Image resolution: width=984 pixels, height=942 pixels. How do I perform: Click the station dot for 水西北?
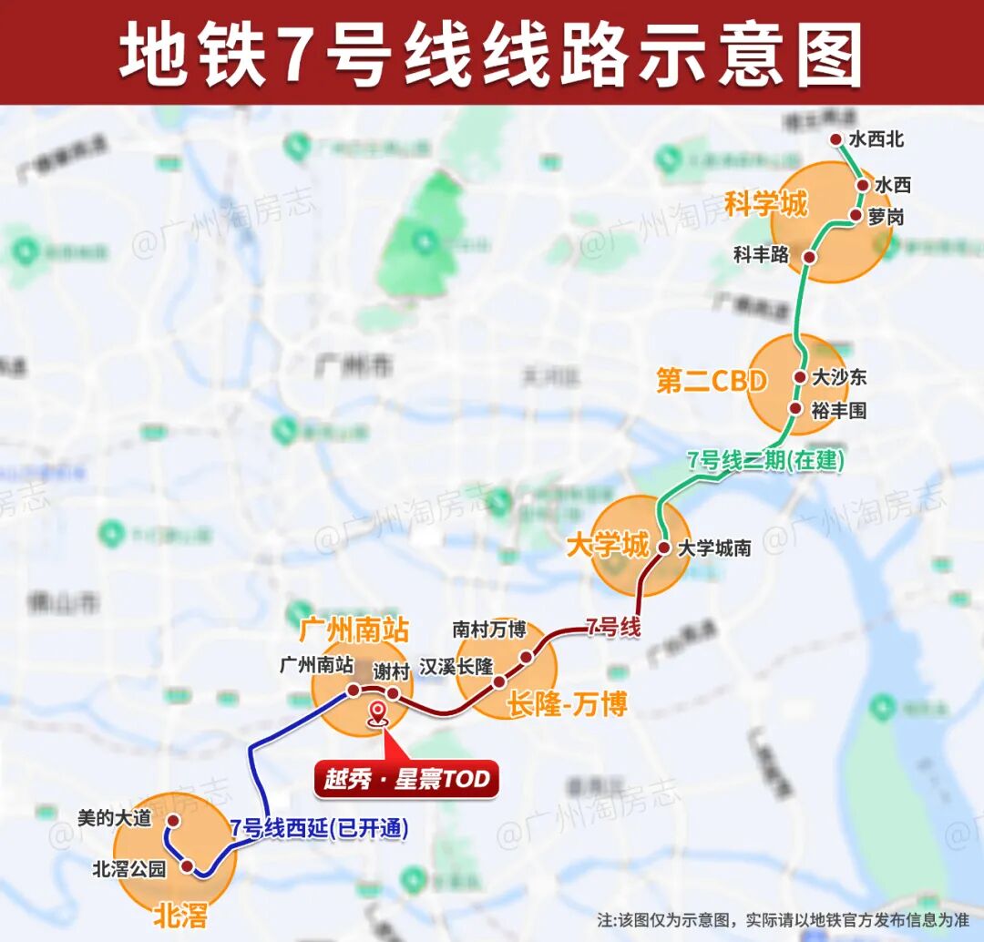point(836,139)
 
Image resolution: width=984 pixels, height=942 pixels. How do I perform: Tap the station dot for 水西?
point(862,185)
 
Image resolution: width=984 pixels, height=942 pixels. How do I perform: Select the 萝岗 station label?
point(887,216)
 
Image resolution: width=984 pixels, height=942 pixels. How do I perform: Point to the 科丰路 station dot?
point(808,257)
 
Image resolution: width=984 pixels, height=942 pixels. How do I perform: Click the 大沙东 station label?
point(839,376)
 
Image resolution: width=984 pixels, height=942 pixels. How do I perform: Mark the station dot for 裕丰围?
point(794,410)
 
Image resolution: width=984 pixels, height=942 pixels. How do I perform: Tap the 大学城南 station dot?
point(664,548)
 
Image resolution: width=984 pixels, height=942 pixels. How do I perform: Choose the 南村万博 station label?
point(489,629)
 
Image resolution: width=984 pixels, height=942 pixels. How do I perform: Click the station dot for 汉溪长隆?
point(498,681)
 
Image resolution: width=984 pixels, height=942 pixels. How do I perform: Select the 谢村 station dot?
point(393,694)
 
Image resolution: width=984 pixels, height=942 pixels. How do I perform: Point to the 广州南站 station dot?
point(353,690)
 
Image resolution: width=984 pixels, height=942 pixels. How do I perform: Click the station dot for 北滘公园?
point(188,867)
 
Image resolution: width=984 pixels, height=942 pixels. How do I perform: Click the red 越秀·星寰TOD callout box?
point(406,780)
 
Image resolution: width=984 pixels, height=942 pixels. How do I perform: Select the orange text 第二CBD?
point(712,381)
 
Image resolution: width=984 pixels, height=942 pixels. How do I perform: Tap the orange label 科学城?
point(765,204)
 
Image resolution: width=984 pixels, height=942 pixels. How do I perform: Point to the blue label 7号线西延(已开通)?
point(319,828)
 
